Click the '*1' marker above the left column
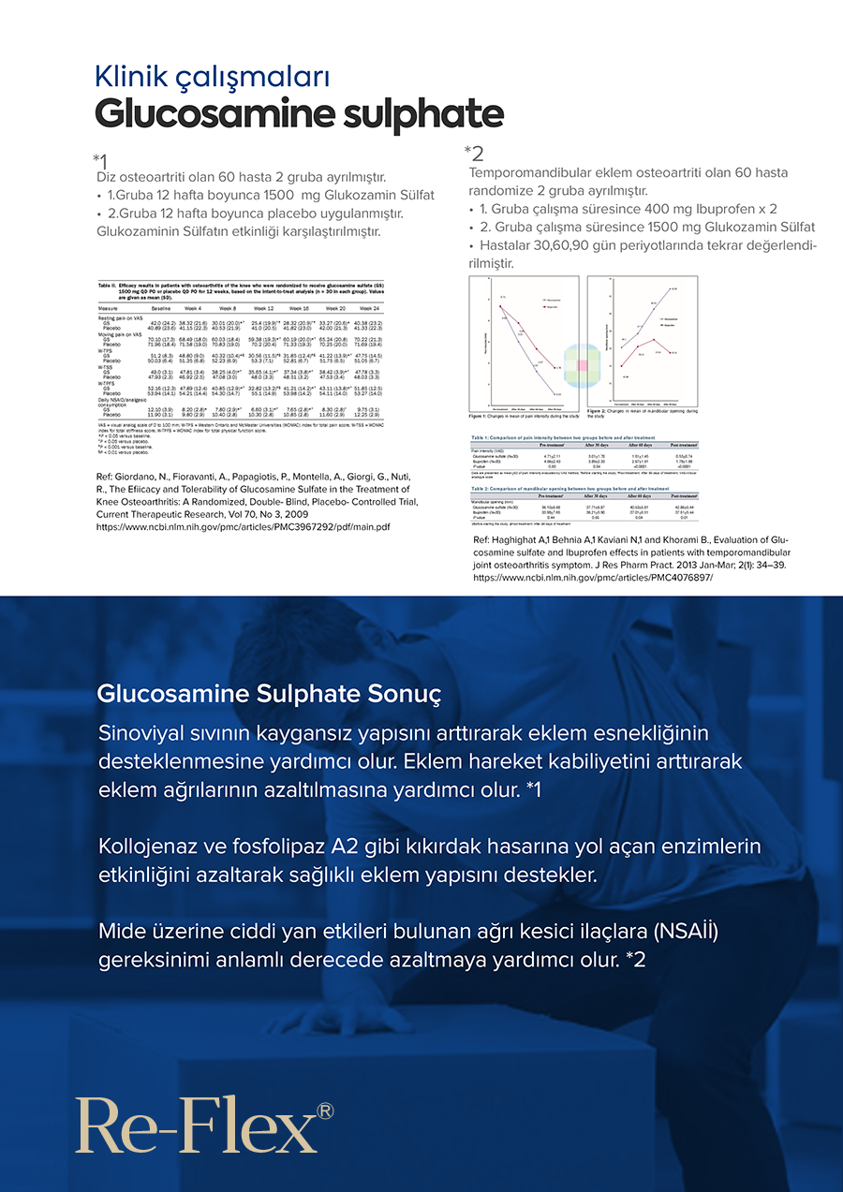coord(100,160)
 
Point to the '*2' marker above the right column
coord(474,153)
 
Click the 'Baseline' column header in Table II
coord(162,308)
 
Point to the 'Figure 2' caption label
coord(599,410)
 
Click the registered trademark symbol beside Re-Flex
coord(325,1111)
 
